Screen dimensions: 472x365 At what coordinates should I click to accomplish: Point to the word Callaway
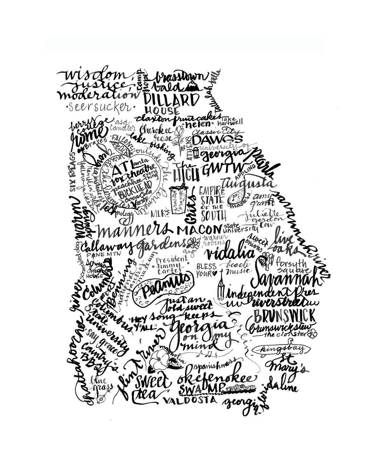point(104,246)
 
